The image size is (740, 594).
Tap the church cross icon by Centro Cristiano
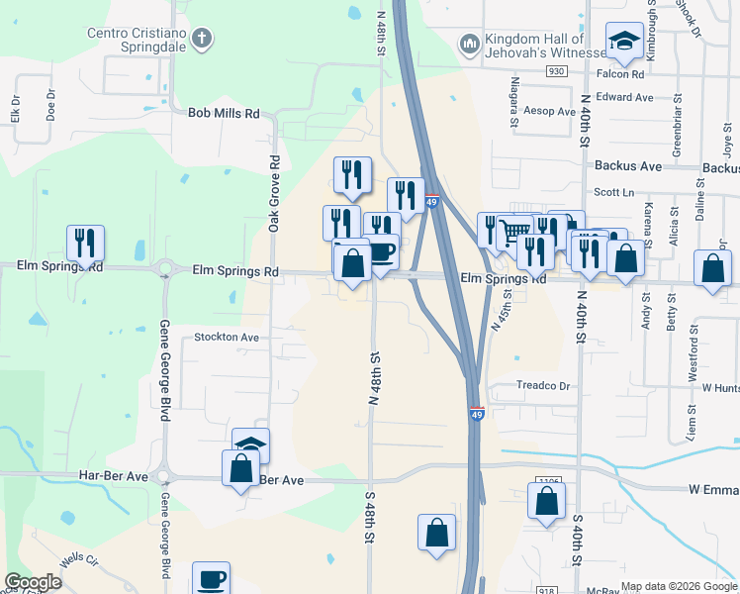click(202, 40)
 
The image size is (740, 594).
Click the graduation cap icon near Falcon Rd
click(624, 41)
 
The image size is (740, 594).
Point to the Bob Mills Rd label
click(224, 114)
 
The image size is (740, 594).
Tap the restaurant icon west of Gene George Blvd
click(86, 243)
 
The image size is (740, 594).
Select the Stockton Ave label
click(227, 337)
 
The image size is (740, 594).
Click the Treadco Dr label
click(543, 385)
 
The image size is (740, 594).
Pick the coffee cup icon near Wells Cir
click(211, 578)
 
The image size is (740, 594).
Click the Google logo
click(32, 582)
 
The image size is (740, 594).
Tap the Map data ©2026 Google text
click(678, 585)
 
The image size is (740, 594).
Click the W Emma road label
click(713, 489)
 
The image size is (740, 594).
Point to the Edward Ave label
click(625, 97)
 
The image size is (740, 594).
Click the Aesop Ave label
click(550, 112)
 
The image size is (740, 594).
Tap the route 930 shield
click(557, 71)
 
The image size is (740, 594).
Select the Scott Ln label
click(613, 193)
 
